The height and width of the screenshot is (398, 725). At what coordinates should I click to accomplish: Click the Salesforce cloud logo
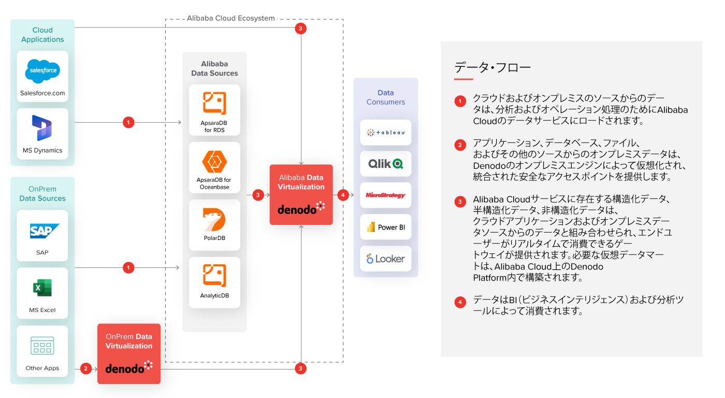pyautogui.click(x=42, y=71)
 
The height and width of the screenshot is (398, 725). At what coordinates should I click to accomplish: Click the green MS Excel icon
pyautogui.click(x=42, y=288)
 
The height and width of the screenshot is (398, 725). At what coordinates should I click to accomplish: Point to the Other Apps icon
pyautogui.click(x=42, y=346)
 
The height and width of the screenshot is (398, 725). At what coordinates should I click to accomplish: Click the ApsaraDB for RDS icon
pyautogui.click(x=214, y=103)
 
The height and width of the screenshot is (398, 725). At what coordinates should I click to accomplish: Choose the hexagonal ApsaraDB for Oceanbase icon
pyautogui.click(x=214, y=161)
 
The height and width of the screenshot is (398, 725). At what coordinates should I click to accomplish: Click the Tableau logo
pyautogui.click(x=386, y=133)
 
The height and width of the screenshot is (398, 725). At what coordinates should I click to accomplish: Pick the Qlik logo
pyautogui.click(x=386, y=164)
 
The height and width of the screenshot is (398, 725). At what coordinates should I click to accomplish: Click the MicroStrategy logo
pyautogui.click(x=386, y=195)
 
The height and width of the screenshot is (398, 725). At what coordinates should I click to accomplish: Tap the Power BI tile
pyautogui.click(x=386, y=227)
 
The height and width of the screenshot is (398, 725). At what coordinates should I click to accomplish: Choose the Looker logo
pyautogui.click(x=386, y=259)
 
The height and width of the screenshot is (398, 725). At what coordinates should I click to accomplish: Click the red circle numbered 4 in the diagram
pyautogui.click(x=343, y=195)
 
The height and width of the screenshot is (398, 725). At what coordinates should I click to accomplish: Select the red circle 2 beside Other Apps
pyautogui.click(x=86, y=368)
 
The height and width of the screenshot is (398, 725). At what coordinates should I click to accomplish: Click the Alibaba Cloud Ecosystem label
pyautogui.click(x=231, y=18)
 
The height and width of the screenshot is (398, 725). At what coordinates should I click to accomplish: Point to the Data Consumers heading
pyautogui.click(x=386, y=97)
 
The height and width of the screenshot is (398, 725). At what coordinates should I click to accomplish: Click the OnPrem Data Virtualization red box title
pyautogui.click(x=129, y=341)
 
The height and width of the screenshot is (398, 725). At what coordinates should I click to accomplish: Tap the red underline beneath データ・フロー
pyautogui.click(x=463, y=79)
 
